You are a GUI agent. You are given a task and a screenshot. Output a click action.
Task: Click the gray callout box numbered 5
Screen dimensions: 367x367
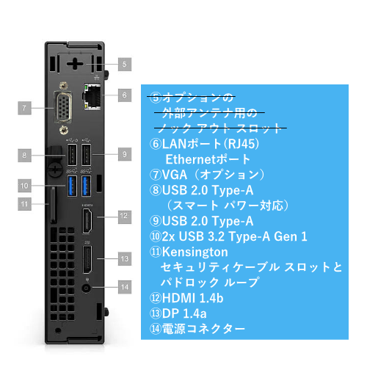125,65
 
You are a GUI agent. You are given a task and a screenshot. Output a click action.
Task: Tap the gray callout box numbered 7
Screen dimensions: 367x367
24,108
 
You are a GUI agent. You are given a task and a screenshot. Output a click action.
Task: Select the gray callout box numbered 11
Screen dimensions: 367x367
24,204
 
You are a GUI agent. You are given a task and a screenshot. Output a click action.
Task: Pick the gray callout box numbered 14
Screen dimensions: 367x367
125,287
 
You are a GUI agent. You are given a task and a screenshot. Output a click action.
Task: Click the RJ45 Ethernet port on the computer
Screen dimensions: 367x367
92,96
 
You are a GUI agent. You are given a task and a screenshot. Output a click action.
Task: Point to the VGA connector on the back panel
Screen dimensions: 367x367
63,108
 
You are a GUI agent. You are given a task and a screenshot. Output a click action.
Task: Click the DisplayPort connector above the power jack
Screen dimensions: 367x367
87,260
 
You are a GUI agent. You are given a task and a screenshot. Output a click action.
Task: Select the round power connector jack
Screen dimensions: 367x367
86,288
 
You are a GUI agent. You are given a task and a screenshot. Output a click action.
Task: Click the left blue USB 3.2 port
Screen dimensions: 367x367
72,186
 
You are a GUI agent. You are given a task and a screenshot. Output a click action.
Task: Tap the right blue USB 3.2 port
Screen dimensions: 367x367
86,186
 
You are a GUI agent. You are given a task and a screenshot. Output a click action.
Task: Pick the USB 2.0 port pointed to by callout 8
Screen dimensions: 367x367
72,155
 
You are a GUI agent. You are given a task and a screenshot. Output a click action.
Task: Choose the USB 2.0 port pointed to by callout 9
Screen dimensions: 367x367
86,155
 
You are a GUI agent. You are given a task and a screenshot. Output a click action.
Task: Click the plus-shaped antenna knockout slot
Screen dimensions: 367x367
75,64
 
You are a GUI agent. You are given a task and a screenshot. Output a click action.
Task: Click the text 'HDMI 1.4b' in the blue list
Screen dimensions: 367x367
192,298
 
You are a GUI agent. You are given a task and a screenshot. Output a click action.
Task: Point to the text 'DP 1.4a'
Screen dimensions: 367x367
184,313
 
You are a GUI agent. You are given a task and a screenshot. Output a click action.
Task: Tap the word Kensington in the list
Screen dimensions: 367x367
195,252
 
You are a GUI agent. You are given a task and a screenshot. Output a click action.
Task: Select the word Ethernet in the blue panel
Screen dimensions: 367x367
189,159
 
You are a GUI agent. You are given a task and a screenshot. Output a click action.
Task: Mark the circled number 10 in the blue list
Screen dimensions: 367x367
156,236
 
